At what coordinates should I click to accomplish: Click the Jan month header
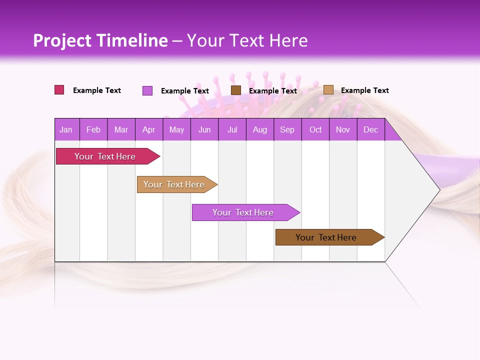tap(66, 130)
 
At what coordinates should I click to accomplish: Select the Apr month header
tap(149, 130)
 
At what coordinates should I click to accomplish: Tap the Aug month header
tap(260, 130)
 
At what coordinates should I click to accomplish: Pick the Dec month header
tap(371, 130)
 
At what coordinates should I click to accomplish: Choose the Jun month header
tap(204, 130)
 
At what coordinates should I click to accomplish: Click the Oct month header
tap(315, 130)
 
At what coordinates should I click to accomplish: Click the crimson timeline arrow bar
tap(105, 156)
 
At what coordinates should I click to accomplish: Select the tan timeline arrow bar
tap(174, 184)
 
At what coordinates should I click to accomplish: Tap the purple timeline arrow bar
tap(243, 212)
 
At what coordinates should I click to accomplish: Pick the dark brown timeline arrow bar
tap(326, 237)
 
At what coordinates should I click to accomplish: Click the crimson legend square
tap(59, 90)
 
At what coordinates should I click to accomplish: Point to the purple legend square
tap(147, 90)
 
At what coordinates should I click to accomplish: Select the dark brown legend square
tap(236, 90)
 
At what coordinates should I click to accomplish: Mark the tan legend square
tap(328, 90)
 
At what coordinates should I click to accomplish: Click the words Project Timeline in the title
tap(100, 40)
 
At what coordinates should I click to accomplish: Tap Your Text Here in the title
tap(247, 40)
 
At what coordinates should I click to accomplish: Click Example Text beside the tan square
tap(365, 90)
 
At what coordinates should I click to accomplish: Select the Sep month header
tap(287, 130)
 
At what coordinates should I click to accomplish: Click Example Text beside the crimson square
tap(97, 90)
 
